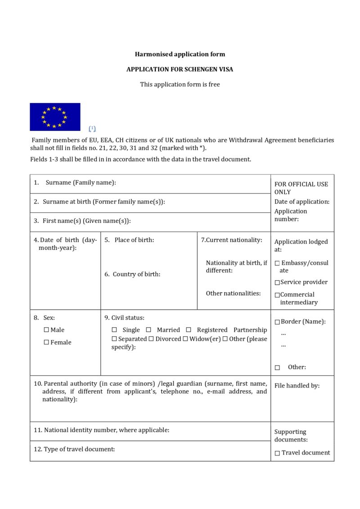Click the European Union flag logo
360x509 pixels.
(x=55, y=117)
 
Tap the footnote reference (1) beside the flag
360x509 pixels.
(x=92, y=128)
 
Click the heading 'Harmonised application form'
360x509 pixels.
(x=180, y=54)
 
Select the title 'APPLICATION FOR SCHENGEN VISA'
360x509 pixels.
(x=180, y=69)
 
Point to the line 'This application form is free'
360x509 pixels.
(x=180, y=84)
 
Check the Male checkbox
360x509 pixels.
(x=46, y=330)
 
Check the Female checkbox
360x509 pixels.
(x=46, y=342)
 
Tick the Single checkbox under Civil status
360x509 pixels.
(x=114, y=330)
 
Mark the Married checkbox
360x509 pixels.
(x=148, y=330)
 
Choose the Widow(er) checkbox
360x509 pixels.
(x=185, y=339)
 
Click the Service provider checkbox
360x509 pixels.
(x=277, y=283)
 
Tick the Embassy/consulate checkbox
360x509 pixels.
(x=277, y=263)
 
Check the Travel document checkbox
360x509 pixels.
(x=277, y=453)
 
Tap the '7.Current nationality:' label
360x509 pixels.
(x=231, y=240)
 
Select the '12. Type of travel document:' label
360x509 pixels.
(x=74, y=449)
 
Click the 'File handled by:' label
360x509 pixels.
(x=297, y=386)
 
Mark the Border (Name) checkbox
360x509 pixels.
(x=277, y=322)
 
